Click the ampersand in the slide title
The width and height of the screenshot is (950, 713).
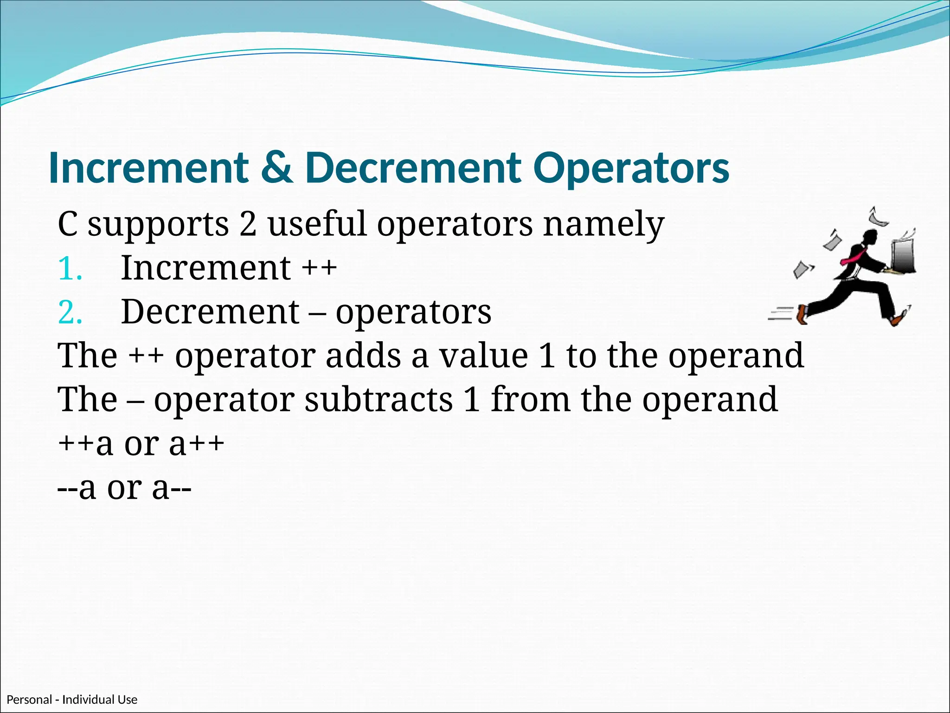[276, 168]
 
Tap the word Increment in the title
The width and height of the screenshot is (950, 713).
[148, 168]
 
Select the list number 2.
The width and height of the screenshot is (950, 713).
[70, 312]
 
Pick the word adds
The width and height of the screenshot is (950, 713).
[363, 356]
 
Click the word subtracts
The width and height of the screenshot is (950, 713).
[379, 400]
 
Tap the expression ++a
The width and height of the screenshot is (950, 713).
[85, 444]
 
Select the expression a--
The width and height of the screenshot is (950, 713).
[172, 488]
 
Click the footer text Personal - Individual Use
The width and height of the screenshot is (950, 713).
[72, 700]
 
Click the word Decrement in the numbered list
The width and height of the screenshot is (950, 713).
[210, 312]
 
